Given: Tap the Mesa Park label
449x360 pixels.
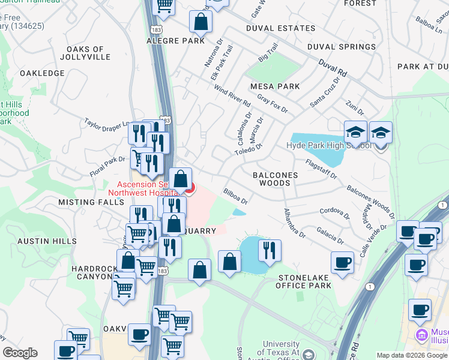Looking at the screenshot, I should (275, 86).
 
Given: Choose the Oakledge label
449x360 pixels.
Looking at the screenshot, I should (42, 73).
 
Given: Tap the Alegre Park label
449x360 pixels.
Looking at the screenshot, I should (176, 41).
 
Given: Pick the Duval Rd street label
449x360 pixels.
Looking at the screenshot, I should (333, 67).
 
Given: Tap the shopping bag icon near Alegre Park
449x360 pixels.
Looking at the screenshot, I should (200, 22).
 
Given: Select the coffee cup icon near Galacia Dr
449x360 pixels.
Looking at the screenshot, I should (342, 262).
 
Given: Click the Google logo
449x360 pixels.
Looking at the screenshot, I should (20, 353).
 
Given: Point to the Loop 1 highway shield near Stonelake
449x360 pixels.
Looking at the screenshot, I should (370, 287).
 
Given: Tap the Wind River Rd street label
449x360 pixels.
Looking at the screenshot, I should (232, 95).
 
